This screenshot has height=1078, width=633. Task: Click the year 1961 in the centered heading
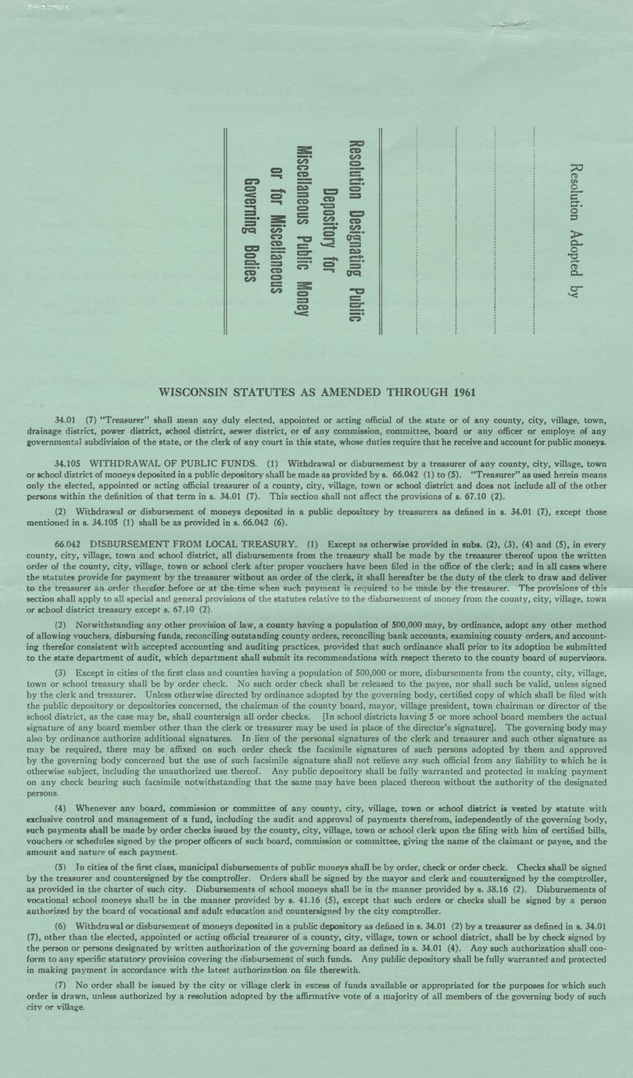click(x=461, y=391)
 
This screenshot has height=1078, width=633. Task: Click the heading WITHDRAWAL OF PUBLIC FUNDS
click(x=173, y=462)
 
